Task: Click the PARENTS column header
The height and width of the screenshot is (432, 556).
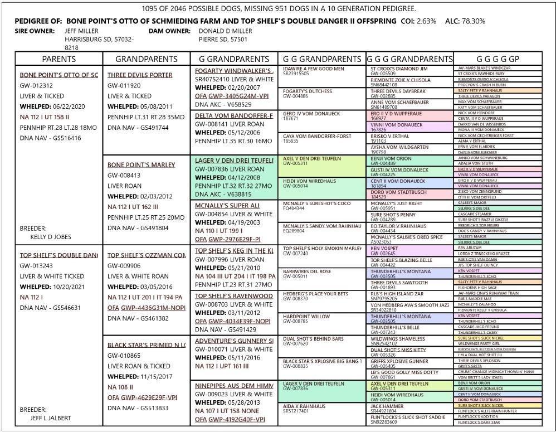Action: (59, 59)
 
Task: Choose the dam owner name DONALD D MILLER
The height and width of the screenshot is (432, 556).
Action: (225, 31)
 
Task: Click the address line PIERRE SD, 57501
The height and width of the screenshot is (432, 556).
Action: (223, 40)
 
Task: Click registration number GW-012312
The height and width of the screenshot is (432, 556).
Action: (36, 85)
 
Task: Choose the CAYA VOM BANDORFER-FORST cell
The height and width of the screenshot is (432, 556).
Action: (317, 136)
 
